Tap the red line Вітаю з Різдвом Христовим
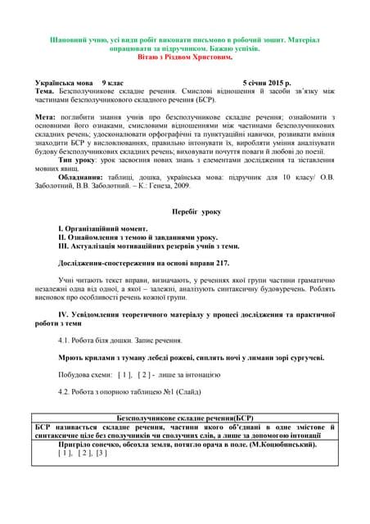(x=186, y=57)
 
